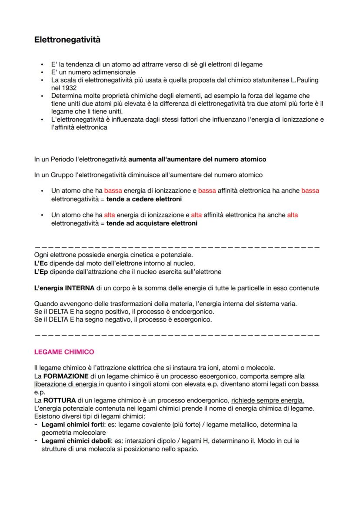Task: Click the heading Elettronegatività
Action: pos(67,40)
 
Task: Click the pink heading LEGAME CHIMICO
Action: pos(64,352)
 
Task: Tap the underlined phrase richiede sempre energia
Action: pos(267,400)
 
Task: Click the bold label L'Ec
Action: pos(41,263)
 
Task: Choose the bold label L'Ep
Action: pos(41,272)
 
